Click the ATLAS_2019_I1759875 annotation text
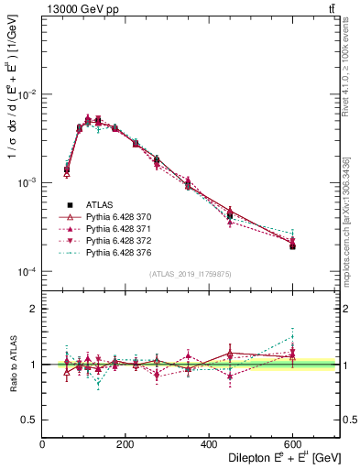[190, 275]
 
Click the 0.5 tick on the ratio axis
[31, 419]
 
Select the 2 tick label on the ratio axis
[35, 310]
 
